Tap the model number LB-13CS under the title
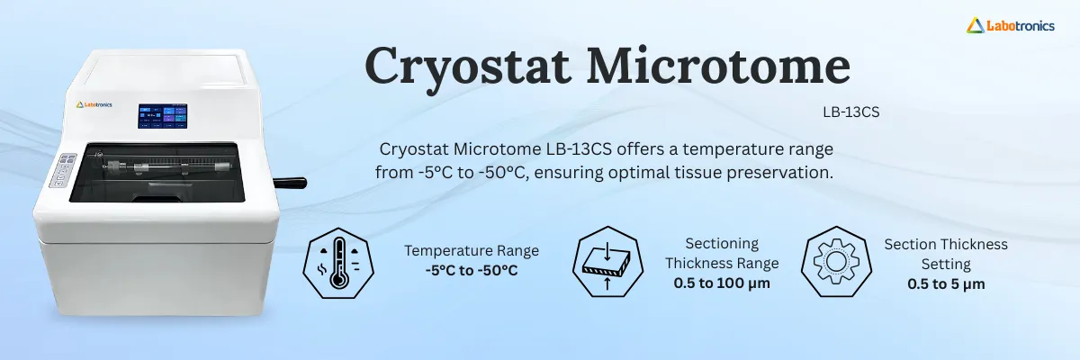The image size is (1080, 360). pos(850,113)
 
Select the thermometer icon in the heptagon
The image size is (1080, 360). pos(339,261)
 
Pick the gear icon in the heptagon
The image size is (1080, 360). pos(835,261)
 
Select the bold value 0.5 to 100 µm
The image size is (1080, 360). pos(722,283)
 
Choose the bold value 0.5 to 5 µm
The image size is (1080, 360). pos(945,283)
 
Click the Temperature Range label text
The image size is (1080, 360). pos(471,250)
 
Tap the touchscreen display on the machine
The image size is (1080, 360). pos(163,117)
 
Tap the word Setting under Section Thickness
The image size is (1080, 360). pos(945,264)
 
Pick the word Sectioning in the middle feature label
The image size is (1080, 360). pos(722,243)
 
